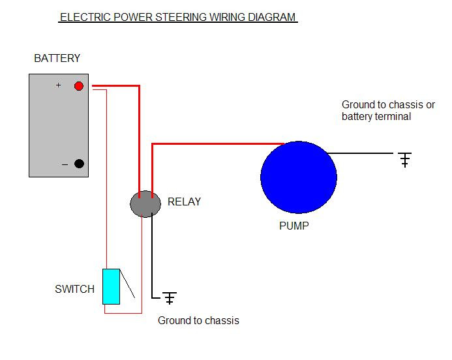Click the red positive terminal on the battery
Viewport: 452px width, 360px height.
(79, 86)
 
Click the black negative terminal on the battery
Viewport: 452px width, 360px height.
(79, 164)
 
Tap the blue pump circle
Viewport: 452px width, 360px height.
(298, 176)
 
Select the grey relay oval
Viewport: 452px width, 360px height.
(145, 204)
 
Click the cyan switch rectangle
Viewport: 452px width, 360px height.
(112, 286)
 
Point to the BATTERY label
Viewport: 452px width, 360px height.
(57, 59)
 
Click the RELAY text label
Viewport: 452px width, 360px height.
(184, 202)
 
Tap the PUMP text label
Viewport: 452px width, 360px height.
(294, 227)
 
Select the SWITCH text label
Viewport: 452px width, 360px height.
(74, 290)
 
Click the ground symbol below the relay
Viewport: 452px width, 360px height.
(170, 298)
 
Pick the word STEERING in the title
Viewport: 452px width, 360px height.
(181, 18)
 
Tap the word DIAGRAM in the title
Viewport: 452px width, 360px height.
(271, 18)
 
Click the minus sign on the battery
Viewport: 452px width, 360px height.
(65, 165)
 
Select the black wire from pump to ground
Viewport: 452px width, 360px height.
(362, 153)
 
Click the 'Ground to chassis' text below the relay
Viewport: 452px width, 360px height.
(198, 321)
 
